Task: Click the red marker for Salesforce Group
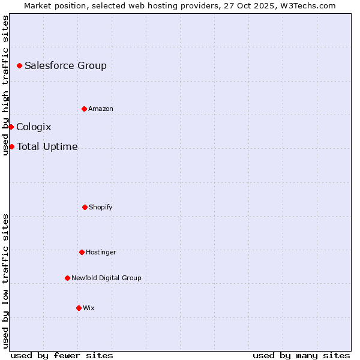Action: point(19,65)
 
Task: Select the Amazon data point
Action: point(84,109)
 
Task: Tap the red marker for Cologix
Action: point(11,127)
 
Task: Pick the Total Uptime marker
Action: point(11,146)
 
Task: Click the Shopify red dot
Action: point(85,207)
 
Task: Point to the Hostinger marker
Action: point(82,252)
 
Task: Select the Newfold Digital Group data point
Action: point(67,278)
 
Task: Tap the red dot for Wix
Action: point(79,308)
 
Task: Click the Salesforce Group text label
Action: point(65,65)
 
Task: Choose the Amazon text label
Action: point(101,109)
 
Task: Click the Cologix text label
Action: point(34,127)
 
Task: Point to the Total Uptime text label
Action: point(47,146)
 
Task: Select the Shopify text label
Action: point(101,207)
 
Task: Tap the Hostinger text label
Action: point(101,252)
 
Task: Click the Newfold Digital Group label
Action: point(106,278)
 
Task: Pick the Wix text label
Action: point(89,308)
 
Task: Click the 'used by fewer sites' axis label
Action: point(62,355)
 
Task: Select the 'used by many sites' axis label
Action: point(301,355)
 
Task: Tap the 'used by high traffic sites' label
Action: point(5,85)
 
